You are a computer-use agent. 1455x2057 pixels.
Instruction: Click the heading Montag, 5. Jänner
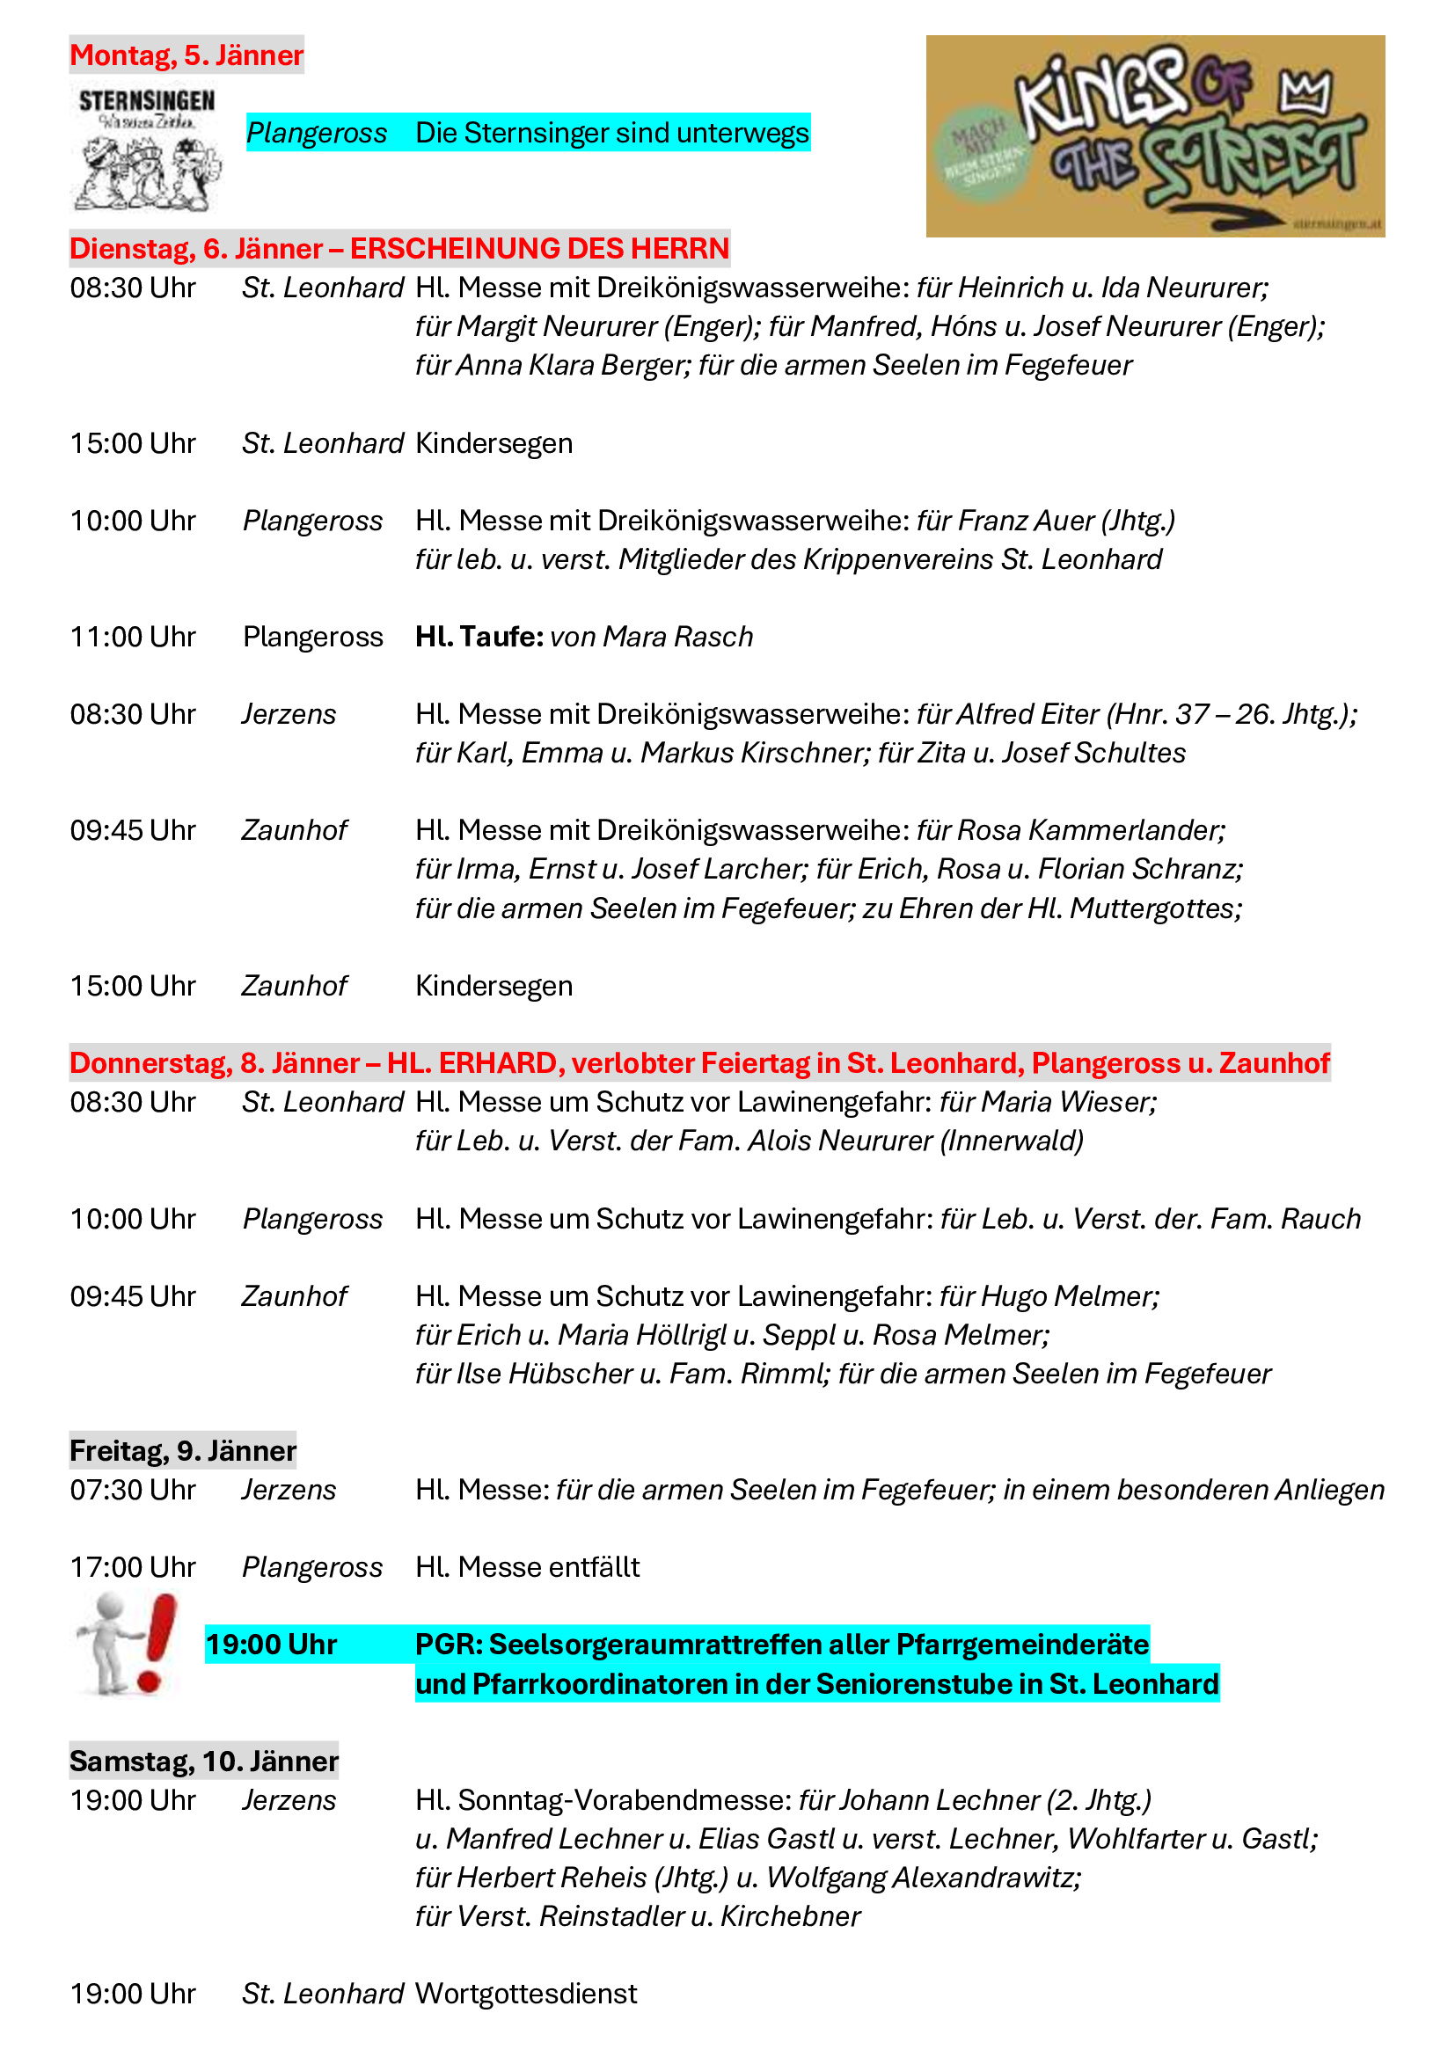(186, 55)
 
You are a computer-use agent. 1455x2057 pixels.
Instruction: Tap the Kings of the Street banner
(1154, 136)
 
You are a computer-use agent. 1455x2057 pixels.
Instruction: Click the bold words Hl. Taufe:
(479, 637)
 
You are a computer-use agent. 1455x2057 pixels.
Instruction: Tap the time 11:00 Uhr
(133, 637)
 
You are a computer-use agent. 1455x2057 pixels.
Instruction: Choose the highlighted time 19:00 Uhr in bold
(271, 1645)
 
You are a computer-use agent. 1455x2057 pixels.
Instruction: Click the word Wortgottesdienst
(526, 1994)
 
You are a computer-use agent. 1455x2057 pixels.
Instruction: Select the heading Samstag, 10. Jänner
(203, 1762)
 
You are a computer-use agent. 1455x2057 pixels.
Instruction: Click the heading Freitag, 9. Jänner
(183, 1450)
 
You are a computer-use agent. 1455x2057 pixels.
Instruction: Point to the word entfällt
(594, 1567)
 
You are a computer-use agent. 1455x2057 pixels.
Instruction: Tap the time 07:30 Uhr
(133, 1490)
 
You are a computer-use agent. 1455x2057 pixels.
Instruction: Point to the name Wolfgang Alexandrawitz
(924, 1877)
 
